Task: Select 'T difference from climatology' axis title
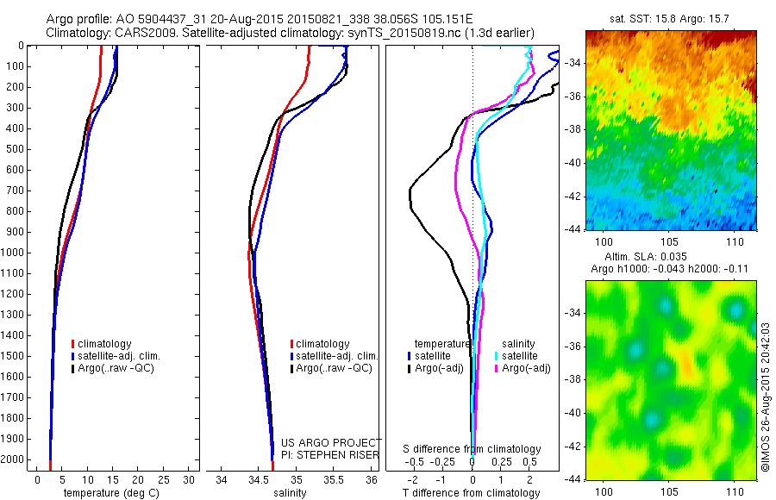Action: click(x=472, y=493)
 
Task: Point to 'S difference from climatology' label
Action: click(x=472, y=449)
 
